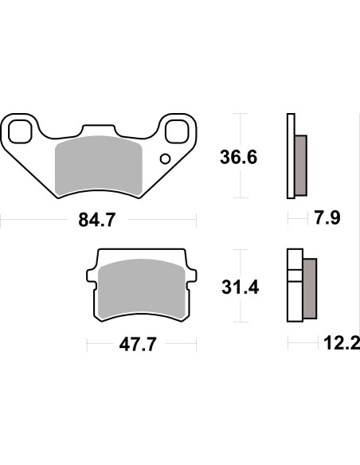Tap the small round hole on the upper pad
coord(165,158)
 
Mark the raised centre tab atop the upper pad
coord(98,128)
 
